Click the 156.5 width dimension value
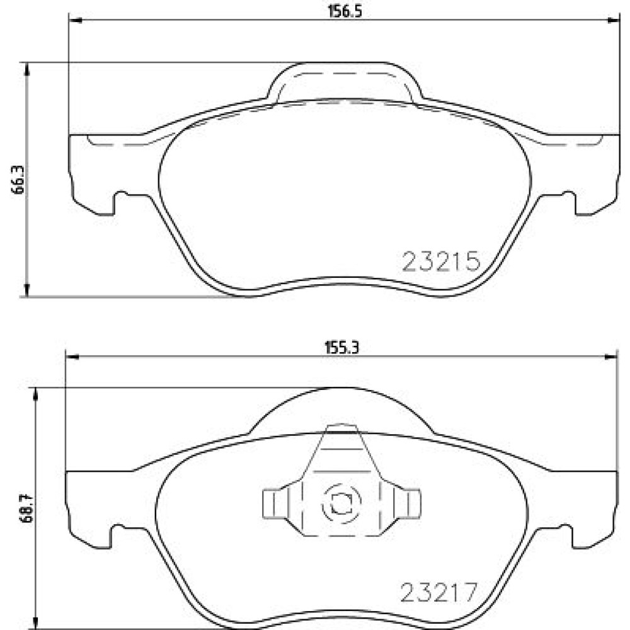345,11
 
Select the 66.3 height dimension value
18,180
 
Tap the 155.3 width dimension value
341,347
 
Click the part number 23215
441,261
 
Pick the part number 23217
439,592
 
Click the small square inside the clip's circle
341,503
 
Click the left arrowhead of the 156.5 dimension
76,20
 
